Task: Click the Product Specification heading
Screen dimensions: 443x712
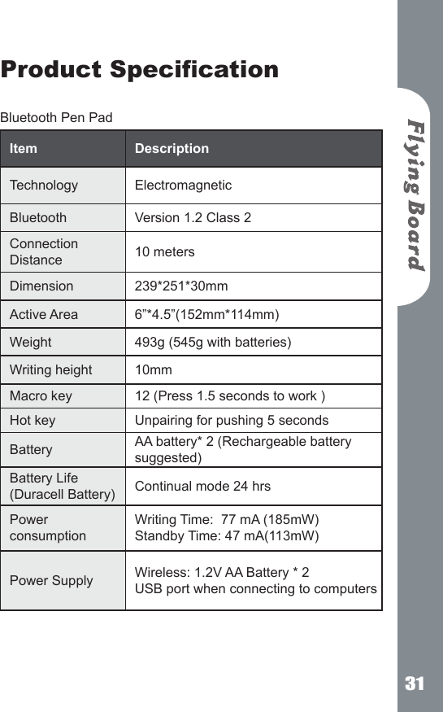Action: pyautogui.click(x=140, y=69)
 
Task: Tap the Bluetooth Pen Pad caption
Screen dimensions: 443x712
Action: pyautogui.click(x=56, y=118)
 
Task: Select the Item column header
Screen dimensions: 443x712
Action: pyautogui.click(x=24, y=149)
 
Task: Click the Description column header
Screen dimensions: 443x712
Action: pyautogui.click(x=172, y=149)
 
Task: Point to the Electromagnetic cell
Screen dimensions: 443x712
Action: pyautogui.click(x=183, y=186)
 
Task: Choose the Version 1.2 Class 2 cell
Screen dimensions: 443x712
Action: pyautogui.click(x=193, y=218)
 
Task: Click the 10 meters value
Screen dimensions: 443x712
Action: pyautogui.click(x=164, y=252)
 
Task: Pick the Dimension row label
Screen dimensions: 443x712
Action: pyautogui.click(x=41, y=286)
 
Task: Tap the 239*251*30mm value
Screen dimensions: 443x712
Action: pyautogui.click(x=180, y=286)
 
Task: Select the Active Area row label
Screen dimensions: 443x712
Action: pyautogui.click(x=44, y=315)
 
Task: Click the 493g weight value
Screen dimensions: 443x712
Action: pyautogui.click(x=213, y=343)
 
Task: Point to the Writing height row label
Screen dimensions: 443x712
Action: pyautogui.click(x=50, y=370)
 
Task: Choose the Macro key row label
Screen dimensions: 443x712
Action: pyautogui.click(x=41, y=396)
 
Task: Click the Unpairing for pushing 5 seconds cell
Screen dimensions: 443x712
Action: pyautogui.click(x=232, y=421)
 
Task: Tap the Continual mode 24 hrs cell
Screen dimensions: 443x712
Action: pyautogui.click(x=202, y=487)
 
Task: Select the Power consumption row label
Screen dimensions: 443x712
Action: pyautogui.click(x=47, y=527)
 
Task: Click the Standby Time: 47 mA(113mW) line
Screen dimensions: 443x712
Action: pyautogui.click(x=227, y=536)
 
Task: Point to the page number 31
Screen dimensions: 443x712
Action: pyautogui.click(x=415, y=684)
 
